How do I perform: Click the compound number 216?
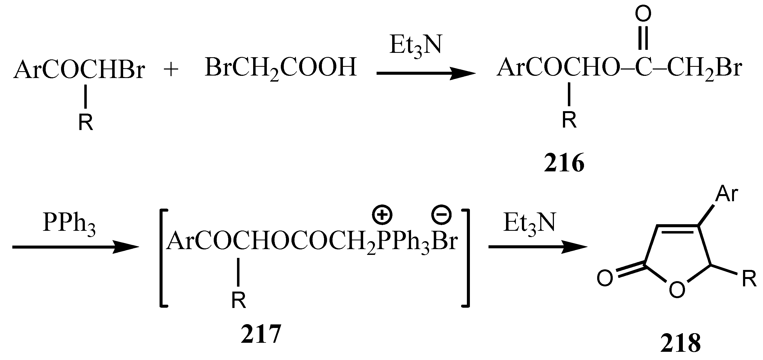click(564, 163)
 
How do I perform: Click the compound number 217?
click(261, 334)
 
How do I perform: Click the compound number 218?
click(680, 343)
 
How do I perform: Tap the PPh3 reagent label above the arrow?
click(69, 223)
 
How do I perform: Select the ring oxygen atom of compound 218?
click(677, 289)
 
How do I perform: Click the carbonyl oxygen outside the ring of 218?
click(605, 278)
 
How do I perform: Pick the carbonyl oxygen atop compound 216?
click(643, 14)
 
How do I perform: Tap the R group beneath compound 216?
click(569, 120)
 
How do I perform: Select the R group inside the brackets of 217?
click(238, 300)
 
